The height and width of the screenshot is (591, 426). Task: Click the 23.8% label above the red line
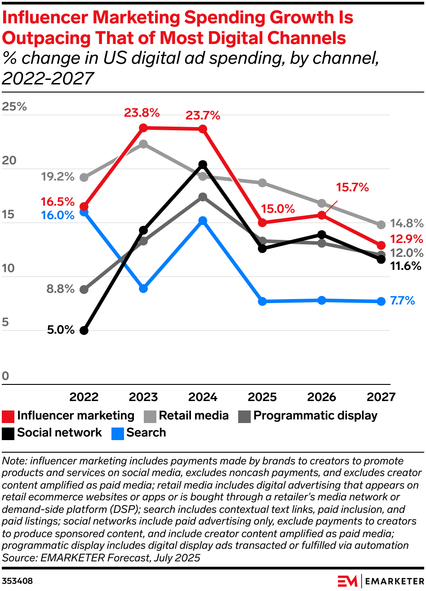[142, 113]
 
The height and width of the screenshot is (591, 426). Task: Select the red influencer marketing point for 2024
[203, 129]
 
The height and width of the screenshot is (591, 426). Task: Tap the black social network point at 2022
[84, 331]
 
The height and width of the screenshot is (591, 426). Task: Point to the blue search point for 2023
[143, 288]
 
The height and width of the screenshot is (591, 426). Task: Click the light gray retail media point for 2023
[143, 144]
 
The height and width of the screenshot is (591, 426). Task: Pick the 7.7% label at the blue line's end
[403, 300]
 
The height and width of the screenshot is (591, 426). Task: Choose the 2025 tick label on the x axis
[262, 397]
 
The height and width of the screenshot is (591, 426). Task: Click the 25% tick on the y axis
[14, 106]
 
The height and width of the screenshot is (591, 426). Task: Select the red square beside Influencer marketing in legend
[8, 417]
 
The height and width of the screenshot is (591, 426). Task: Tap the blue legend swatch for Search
[118, 434]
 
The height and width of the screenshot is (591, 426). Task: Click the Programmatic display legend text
[315, 416]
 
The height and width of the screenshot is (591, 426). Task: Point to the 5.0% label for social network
[61, 330]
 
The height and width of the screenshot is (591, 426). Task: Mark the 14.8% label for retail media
[407, 223]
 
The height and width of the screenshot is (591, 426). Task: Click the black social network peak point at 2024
[203, 164]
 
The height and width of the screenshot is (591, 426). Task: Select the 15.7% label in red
[352, 187]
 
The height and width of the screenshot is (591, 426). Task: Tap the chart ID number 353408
[18, 581]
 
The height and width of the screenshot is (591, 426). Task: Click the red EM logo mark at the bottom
[347, 581]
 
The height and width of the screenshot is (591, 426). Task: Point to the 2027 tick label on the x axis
[381, 397]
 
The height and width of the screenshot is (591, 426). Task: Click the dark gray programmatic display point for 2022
[84, 290]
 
